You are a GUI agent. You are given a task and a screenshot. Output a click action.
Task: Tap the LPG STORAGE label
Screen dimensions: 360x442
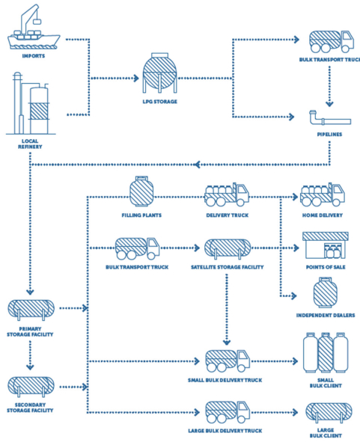(160, 102)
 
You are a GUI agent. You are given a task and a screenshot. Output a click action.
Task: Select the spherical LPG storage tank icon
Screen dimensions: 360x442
(159, 73)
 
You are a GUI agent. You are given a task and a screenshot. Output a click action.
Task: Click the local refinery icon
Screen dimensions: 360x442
(31, 103)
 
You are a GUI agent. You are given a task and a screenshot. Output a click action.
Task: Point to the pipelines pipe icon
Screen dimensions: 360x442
(330, 118)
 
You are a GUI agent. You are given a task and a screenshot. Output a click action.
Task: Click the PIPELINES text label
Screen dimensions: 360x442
(329, 135)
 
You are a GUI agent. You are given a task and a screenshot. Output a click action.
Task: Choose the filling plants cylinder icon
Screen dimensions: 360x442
(141, 191)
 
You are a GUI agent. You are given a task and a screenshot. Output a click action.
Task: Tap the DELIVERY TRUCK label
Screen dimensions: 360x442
(227, 215)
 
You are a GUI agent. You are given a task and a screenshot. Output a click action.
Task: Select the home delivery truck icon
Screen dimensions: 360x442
(322, 194)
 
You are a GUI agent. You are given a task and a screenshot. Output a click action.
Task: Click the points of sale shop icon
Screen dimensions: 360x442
(326, 245)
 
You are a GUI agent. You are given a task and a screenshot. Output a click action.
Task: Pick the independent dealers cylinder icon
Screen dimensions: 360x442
(326, 292)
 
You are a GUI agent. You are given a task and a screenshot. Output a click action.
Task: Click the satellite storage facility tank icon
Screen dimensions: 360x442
(228, 248)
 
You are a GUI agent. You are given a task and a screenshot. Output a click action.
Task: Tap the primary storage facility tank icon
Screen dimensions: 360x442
(31, 310)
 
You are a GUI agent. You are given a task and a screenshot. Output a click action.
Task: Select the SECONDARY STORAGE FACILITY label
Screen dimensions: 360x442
(30, 408)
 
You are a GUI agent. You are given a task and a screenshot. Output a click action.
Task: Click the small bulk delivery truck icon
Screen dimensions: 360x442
(228, 361)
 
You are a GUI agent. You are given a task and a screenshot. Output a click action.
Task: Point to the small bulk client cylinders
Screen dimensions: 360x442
(326, 353)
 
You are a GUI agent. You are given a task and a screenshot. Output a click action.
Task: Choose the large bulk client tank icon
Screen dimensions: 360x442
(329, 413)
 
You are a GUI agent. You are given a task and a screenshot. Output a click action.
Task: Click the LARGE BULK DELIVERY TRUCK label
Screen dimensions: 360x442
(225, 431)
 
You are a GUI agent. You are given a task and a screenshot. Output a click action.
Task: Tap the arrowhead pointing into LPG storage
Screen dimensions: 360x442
(136, 78)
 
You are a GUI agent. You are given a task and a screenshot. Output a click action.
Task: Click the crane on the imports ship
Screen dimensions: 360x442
(30, 18)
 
